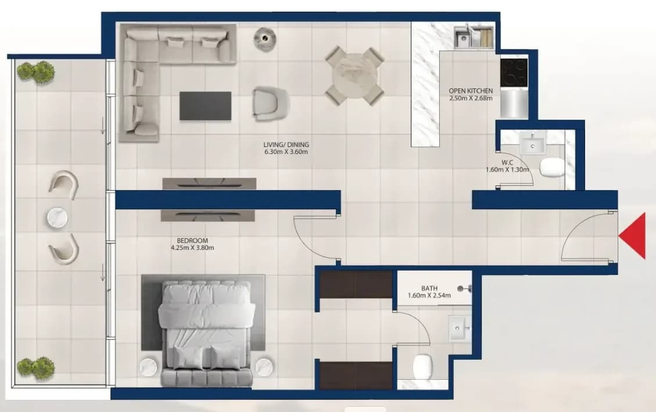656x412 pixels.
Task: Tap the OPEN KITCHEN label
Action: [471, 91]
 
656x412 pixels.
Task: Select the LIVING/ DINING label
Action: [286, 145]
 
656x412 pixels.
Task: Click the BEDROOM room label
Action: [192, 241]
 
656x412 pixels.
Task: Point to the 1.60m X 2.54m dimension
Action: [429, 295]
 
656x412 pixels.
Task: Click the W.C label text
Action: [507, 162]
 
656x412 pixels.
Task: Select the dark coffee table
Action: [206, 106]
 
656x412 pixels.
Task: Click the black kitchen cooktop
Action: [514, 72]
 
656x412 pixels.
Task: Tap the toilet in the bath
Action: [422, 367]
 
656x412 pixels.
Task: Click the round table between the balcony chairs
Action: [58, 218]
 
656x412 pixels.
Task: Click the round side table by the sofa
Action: [265, 39]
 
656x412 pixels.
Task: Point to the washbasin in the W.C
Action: [533, 142]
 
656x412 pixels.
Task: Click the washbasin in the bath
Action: [459, 328]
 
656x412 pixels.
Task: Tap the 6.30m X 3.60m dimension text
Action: [286, 152]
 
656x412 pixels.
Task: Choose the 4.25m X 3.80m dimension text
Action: [192, 248]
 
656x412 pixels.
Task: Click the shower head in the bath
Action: [464, 288]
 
